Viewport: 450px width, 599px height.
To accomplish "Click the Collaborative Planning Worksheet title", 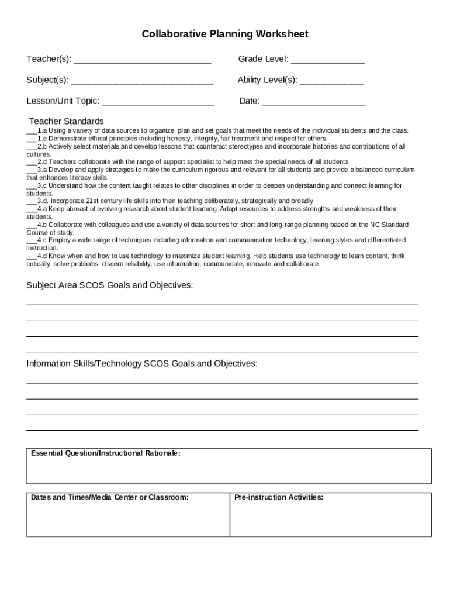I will (225, 35).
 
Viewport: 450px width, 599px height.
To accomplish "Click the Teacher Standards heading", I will (66, 121).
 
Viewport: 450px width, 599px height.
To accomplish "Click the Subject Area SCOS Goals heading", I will (109, 285).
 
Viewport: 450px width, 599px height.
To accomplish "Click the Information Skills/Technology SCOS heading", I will (141, 364).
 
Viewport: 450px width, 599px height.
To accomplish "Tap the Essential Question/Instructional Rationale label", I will (105, 453).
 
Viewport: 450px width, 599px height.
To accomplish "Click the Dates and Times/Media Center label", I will (110, 497).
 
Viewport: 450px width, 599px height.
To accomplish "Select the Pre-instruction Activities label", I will (278, 497).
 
